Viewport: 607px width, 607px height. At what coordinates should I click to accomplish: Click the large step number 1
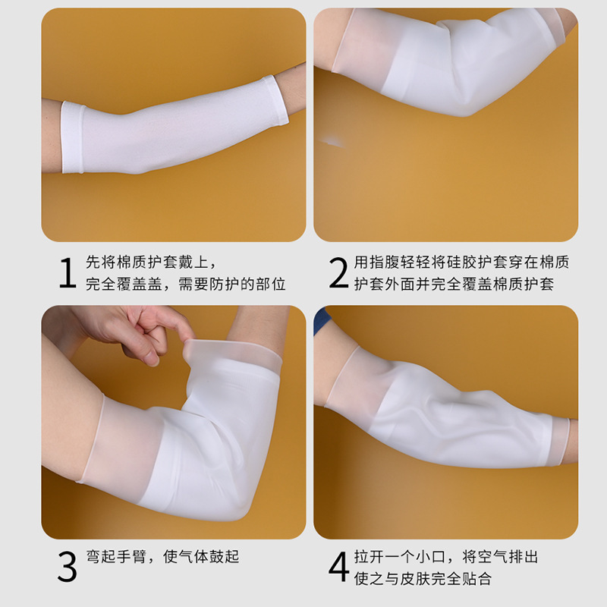coord(68,273)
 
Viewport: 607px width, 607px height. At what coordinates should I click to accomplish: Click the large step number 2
coord(338,273)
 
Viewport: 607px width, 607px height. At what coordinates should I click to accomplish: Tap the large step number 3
coord(68,567)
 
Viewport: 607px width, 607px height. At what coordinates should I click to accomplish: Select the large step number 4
coord(338,567)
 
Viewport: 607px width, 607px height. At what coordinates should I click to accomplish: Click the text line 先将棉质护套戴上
coord(151,262)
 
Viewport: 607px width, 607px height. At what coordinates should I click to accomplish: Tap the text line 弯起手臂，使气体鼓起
coord(162,557)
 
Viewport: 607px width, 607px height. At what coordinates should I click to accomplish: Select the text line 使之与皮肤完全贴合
coord(423,579)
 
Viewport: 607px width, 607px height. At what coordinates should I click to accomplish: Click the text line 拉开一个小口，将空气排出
coord(446,557)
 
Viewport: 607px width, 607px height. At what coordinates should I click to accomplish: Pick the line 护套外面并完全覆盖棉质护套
coord(454,284)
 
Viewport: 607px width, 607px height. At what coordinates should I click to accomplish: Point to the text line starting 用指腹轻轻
coord(461,262)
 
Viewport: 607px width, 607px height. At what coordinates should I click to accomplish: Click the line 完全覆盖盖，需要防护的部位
coord(185,284)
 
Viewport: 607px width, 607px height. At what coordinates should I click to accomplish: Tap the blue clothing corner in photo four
coord(321,320)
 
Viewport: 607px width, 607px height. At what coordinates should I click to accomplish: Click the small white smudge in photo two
coord(332,142)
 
